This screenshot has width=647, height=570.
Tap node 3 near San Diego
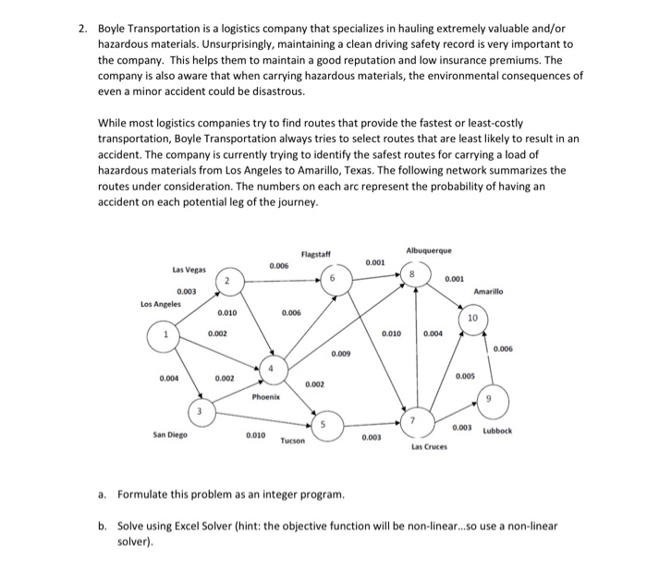point(198,410)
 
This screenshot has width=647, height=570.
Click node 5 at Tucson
point(322,424)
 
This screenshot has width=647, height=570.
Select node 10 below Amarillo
point(472,320)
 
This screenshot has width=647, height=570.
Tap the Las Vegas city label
point(189,270)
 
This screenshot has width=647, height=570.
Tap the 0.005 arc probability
point(465,376)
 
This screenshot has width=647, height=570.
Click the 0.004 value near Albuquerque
point(433,333)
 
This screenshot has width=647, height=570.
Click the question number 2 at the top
point(82,28)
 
